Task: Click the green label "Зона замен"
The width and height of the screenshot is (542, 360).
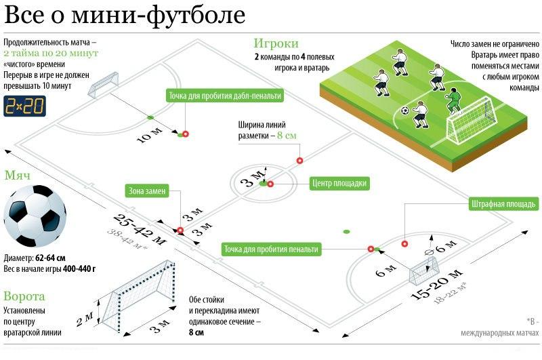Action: click(x=147, y=191)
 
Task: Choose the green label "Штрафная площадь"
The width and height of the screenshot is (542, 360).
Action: click(x=503, y=203)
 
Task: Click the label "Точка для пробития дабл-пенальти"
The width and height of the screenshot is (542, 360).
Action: click(x=224, y=96)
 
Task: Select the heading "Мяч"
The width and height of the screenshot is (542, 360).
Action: click(x=16, y=176)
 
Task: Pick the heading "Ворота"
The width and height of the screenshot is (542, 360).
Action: click(x=24, y=296)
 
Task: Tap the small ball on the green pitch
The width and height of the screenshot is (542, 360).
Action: click(x=404, y=111)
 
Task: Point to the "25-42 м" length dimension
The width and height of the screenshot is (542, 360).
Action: click(x=140, y=231)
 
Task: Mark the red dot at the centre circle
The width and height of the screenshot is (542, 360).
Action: click(x=270, y=184)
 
